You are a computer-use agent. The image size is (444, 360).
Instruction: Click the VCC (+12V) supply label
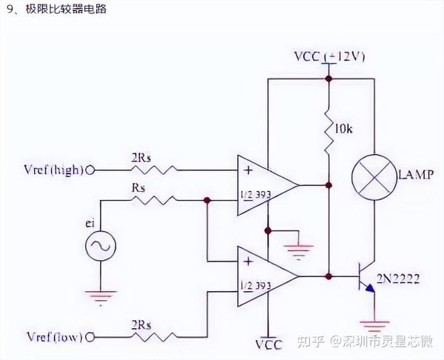pos(329,57)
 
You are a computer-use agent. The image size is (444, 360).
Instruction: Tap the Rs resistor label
pos(139,188)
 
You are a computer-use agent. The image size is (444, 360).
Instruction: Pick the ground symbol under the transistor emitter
pos(374,325)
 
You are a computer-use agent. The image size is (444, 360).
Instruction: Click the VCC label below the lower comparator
pos(269,344)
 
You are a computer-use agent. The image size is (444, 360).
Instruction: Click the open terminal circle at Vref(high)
pos(92,170)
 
